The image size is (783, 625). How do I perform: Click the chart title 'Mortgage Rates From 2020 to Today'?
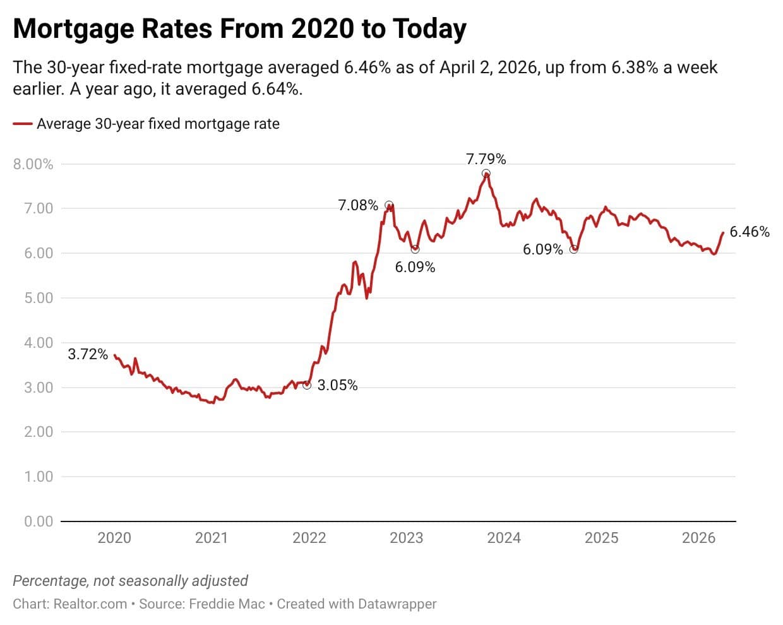[239, 29]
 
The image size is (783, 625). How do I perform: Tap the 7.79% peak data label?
[486, 159]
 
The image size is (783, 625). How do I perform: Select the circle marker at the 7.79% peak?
[486, 174]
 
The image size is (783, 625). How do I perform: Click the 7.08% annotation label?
[358, 205]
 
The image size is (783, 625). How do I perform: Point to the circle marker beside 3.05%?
[307, 385]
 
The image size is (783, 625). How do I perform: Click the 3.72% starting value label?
[88, 354]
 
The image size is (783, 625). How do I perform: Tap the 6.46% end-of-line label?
[750, 232]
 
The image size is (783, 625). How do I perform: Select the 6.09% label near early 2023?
[415, 267]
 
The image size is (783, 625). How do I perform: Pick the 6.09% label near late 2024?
[542, 249]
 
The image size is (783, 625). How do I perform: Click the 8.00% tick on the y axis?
[33, 164]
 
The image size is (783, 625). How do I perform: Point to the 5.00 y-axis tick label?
[39, 298]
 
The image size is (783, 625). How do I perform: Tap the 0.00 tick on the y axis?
[39, 521]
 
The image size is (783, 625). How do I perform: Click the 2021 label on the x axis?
[212, 538]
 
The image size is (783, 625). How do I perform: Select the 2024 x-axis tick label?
[504, 538]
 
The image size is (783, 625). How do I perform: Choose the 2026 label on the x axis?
[698, 538]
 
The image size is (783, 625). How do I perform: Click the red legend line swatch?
[23, 124]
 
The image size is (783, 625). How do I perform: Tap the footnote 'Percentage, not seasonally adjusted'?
[130, 581]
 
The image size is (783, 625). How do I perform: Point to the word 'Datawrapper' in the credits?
[397, 604]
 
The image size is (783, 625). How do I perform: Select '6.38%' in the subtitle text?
[635, 68]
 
